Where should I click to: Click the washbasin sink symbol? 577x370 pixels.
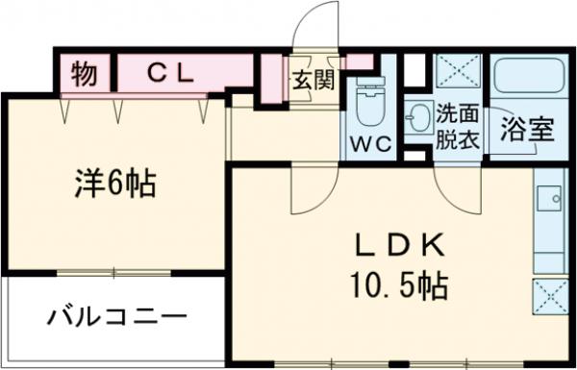pos(419,119)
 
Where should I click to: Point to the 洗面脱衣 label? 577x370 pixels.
pos(456,124)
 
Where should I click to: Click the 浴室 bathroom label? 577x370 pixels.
pos(526,130)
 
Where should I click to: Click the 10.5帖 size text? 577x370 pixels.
pos(393,285)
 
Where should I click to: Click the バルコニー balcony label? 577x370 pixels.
pos(115,316)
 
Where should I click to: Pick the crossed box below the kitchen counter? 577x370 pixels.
pos(552,298)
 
